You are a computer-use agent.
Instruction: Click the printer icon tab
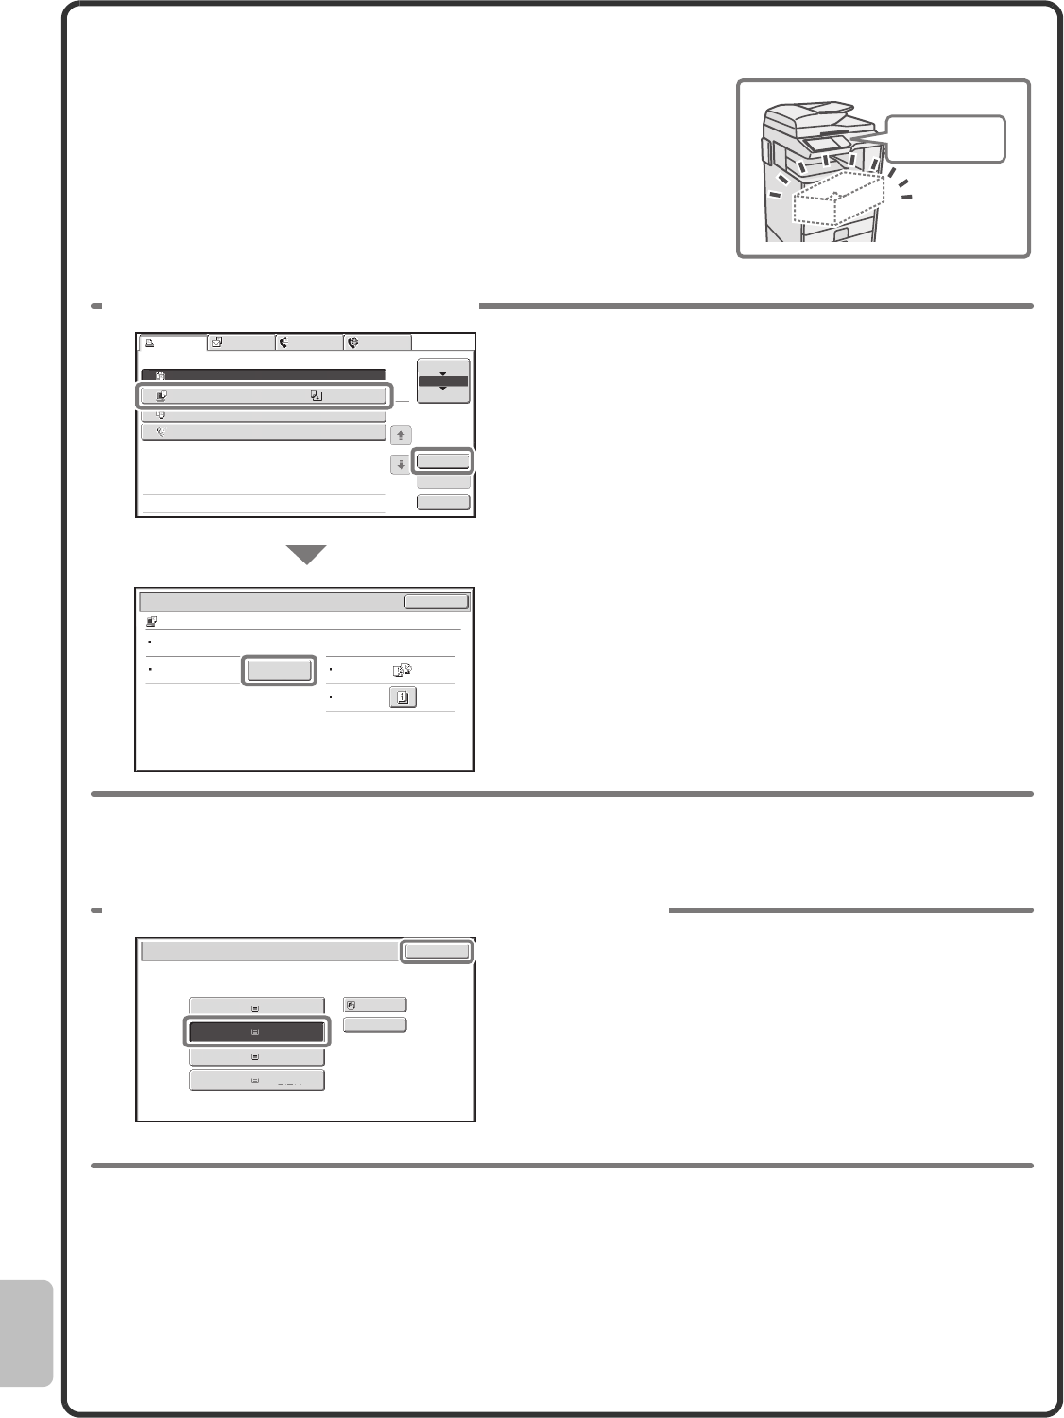172,343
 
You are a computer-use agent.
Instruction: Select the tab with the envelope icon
241,343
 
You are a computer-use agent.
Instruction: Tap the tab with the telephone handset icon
309,343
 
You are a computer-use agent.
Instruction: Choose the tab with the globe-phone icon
378,343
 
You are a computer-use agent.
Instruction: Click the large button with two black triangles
442,381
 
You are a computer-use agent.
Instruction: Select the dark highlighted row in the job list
263,375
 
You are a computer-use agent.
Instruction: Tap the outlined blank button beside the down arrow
442,461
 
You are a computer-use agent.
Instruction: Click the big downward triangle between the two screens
306,555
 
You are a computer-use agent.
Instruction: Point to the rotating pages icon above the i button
402,670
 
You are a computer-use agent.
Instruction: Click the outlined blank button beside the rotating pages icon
278,670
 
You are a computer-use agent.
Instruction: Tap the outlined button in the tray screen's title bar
436,951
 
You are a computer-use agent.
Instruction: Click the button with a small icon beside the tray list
374,1005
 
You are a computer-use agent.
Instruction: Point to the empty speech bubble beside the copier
945,139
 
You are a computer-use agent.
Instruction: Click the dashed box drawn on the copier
839,199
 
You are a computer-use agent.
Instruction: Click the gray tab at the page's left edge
26,1333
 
